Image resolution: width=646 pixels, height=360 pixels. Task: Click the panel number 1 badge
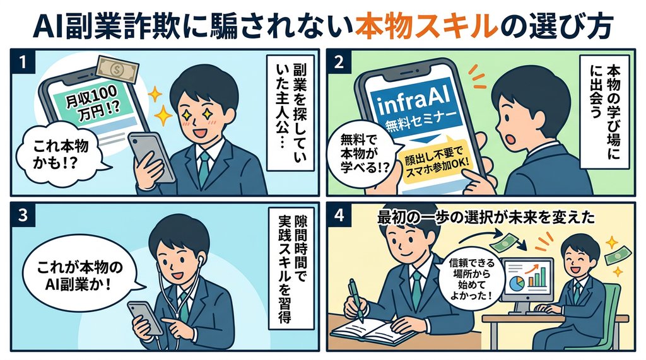(23, 62)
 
